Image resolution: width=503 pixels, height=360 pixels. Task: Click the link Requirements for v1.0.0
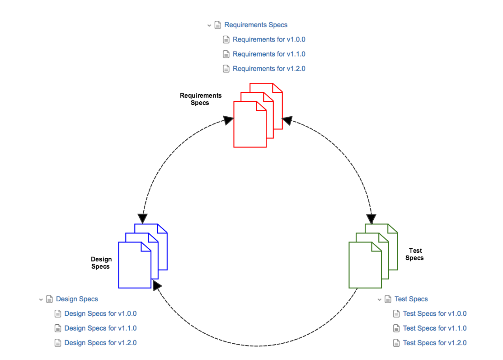point(269,39)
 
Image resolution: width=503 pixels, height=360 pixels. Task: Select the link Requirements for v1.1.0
point(269,54)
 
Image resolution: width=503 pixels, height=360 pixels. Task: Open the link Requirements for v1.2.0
point(269,69)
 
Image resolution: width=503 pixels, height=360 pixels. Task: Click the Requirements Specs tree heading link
point(256,25)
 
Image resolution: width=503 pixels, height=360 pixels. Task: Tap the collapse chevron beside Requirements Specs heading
point(209,25)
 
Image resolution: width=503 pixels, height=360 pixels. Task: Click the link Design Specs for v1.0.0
point(100,313)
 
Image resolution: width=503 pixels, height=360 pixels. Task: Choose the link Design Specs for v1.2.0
point(100,343)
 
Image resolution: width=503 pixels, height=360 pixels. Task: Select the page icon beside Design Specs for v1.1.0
point(58,328)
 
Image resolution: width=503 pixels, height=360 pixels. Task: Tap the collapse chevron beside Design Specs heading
point(41,299)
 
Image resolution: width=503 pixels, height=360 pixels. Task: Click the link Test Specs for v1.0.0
point(435,313)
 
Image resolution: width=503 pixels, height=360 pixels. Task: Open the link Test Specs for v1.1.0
point(435,328)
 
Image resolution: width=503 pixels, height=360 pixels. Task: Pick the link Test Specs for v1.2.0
point(435,343)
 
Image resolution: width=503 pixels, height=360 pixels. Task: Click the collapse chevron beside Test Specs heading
point(380,299)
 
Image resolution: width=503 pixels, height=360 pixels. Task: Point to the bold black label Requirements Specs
point(201,99)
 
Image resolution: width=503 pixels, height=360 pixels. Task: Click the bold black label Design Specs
point(101,263)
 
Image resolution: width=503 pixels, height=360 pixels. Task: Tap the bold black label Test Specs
point(415,254)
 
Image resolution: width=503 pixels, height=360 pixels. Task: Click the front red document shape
point(249,129)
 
